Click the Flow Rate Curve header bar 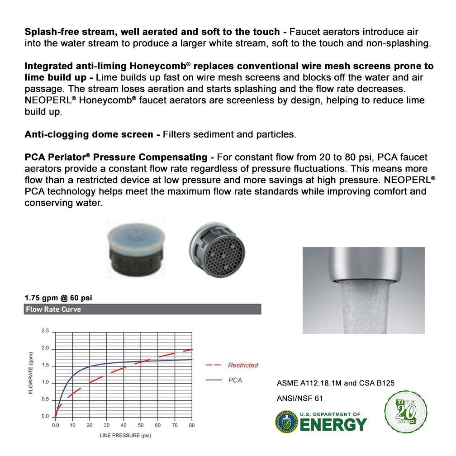[142, 309]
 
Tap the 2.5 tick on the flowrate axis [45, 331]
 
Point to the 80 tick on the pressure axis [191, 426]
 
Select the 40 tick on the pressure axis [123, 426]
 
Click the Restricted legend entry [242, 365]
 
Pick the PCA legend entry [235, 380]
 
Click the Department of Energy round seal [286, 422]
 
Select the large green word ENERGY [334, 425]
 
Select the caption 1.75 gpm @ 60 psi [61, 298]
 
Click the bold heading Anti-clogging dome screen [89, 134]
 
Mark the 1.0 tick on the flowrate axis [45, 382]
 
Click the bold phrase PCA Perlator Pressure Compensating [116, 157]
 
